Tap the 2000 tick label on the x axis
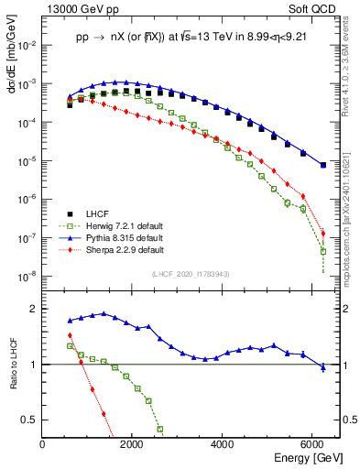(133, 444)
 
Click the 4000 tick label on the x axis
(224, 444)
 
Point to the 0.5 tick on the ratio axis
(30, 420)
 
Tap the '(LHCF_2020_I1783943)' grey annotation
(190, 274)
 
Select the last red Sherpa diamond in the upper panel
(322, 233)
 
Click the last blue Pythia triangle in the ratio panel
(322, 366)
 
